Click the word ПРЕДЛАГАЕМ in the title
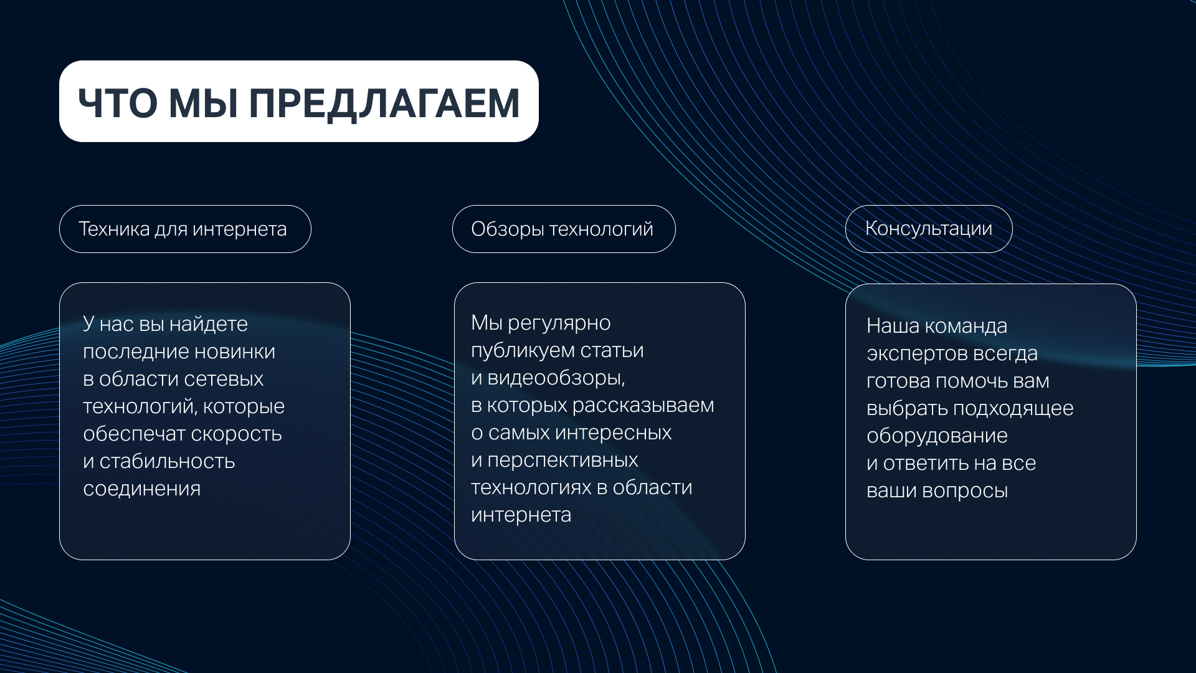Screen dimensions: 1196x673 pos(384,103)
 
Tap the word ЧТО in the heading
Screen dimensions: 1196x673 pos(118,103)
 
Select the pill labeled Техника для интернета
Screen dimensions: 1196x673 pos(185,229)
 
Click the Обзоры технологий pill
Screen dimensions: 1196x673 pos(564,229)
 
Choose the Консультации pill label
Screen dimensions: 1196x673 pos(929,229)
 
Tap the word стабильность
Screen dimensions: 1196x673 pos(167,461)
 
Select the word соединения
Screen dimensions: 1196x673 pos(142,489)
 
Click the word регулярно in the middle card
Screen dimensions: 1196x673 pos(559,323)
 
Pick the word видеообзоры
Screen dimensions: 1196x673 pos(556,378)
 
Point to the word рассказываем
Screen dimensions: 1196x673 pos(643,406)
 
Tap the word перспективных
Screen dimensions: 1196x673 pos(562,461)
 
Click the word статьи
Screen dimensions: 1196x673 pos(612,351)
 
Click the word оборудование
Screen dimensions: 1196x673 pos(937,436)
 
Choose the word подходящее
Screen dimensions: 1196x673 pos(1013,409)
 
